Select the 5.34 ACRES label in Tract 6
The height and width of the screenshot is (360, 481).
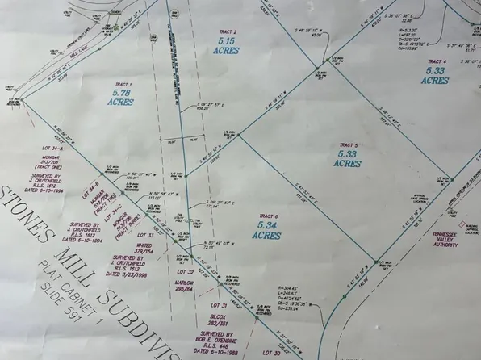coord(266,231)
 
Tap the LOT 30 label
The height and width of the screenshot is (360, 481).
coord(270,353)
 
